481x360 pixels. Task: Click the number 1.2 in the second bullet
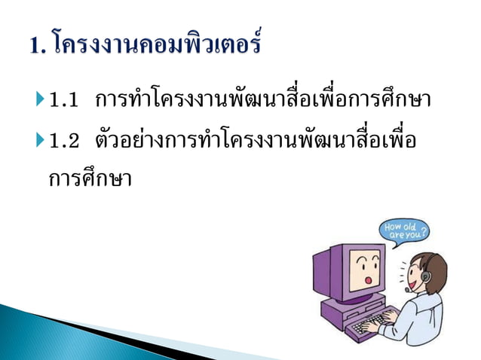pyautogui.click(x=68, y=140)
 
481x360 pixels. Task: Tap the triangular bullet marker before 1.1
pyautogui.click(x=40, y=99)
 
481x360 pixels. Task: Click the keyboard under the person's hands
pyautogui.click(x=369, y=328)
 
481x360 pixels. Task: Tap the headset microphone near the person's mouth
pyautogui.click(x=408, y=289)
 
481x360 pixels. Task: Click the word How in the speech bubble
pyautogui.click(x=394, y=224)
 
